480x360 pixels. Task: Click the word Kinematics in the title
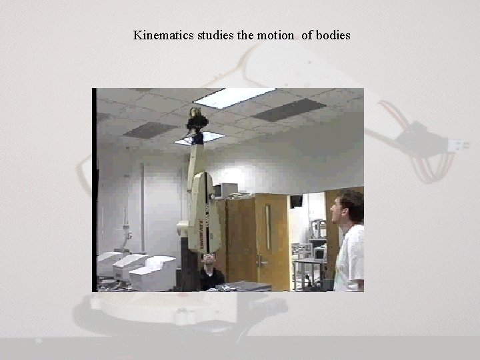pyautogui.click(x=163, y=35)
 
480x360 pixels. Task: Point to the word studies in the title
pyautogui.click(x=215, y=35)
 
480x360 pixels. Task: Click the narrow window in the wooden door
pyautogui.click(x=268, y=227)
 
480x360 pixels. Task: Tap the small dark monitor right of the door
pyautogui.click(x=296, y=201)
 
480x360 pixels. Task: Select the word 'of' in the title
pyautogui.click(x=307, y=35)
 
